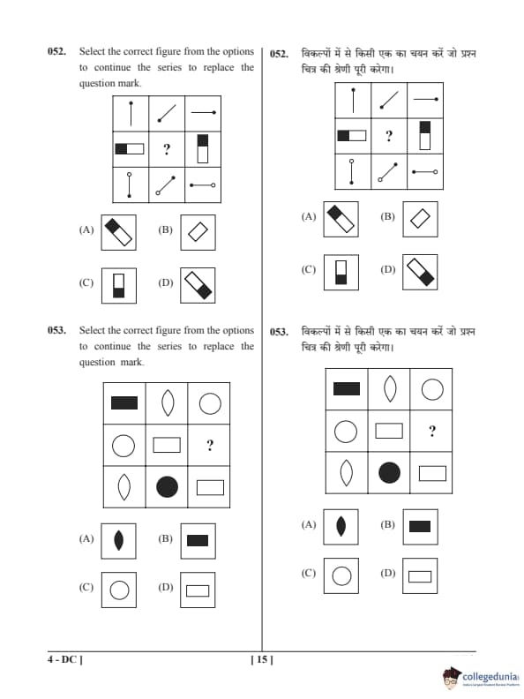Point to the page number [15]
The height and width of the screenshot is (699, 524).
262,659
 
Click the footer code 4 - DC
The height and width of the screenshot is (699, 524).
65,659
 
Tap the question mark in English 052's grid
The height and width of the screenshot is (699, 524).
167,149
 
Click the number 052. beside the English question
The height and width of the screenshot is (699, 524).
57,51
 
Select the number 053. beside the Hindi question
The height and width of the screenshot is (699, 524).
279,332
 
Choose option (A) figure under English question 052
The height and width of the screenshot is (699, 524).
118,232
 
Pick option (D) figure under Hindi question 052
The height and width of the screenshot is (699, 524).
420,273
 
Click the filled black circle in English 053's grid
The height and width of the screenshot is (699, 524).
167,487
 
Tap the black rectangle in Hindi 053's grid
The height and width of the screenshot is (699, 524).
347,388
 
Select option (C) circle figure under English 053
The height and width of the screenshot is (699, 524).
119,590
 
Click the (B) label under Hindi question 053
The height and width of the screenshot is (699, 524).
387,525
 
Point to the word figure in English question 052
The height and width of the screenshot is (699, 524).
167,51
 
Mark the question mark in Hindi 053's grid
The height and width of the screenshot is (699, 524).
432,431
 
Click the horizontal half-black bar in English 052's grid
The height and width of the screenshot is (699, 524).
130,148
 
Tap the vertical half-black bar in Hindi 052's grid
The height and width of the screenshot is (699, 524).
425,135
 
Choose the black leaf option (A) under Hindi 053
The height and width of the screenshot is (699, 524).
341,527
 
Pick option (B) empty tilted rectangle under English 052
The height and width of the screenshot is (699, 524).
198,232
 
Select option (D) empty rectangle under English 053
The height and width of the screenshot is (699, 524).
198,590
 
